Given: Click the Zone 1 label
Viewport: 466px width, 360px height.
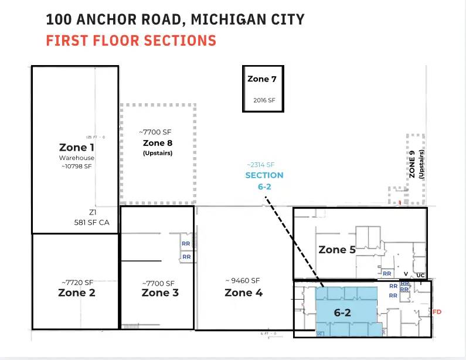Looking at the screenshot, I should click(x=76, y=147).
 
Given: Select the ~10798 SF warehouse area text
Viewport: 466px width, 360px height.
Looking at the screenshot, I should click(x=76, y=166).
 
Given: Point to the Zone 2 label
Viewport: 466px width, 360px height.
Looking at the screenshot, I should click(x=76, y=293).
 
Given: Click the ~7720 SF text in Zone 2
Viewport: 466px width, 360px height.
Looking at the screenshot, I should click(x=76, y=282).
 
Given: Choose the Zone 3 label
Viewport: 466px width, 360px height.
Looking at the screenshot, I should click(x=160, y=293).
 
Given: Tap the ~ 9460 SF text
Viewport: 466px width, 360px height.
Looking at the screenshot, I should click(x=243, y=280).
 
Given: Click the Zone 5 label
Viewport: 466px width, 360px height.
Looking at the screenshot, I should click(x=337, y=250).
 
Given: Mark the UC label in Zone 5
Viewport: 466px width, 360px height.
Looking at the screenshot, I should click(x=421, y=275).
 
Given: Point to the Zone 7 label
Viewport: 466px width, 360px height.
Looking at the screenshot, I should click(x=262, y=79).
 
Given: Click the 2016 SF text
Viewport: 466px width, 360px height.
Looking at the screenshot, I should click(x=264, y=100).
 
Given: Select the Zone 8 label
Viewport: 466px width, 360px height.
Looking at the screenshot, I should click(x=158, y=143).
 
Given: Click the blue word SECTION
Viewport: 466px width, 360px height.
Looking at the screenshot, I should click(x=264, y=175).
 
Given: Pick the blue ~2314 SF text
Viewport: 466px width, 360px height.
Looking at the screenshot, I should click(x=260, y=165).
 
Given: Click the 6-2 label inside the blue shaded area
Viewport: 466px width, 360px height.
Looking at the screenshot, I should click(x=342, y=313).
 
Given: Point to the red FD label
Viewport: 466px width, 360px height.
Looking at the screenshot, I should click(x=437, y=312).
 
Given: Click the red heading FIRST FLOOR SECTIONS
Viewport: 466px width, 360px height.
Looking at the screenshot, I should click(x=131, y=41).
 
